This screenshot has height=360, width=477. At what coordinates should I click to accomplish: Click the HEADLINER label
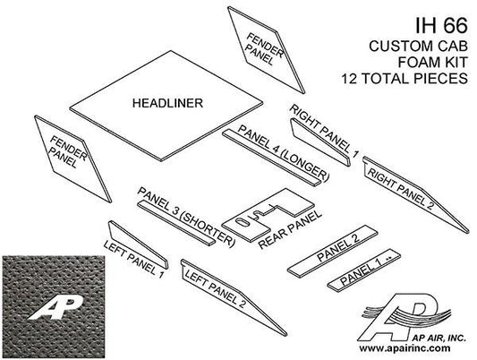coord(167,103)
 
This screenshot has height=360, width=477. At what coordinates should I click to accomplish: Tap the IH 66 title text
coord(441,25)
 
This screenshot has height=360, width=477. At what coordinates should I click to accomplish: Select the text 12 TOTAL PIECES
coord(405,79)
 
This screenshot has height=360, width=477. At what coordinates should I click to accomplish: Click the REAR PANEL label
coord(290,229)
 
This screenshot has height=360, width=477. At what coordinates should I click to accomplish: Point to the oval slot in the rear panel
coord(243,222)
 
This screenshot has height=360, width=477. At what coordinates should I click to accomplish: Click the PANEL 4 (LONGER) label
coord(284,154)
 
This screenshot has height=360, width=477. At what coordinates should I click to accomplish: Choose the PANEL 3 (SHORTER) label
coord(186,218)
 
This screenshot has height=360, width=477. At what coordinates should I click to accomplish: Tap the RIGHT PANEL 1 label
coord(325,131)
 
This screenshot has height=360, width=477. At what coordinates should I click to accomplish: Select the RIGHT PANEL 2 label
coord(400,189)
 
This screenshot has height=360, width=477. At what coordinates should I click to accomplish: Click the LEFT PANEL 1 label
coord(134,259)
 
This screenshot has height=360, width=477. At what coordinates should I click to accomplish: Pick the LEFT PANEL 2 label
coord(215,289)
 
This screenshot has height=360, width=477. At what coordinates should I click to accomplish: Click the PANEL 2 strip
coord(333,251)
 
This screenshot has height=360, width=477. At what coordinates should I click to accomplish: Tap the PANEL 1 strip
coord(364,270)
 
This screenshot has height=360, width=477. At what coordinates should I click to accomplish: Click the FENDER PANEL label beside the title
coord(263,49)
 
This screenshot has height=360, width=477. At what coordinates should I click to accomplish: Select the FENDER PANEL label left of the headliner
coord(68,152)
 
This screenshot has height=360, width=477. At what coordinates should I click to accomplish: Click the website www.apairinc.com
coord(405,347)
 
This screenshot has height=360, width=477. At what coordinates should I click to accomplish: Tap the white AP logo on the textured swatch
coord(55,307)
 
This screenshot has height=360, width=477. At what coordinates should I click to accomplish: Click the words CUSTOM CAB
coord(419,46)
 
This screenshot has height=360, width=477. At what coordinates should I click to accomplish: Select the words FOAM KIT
coord(432,62)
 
